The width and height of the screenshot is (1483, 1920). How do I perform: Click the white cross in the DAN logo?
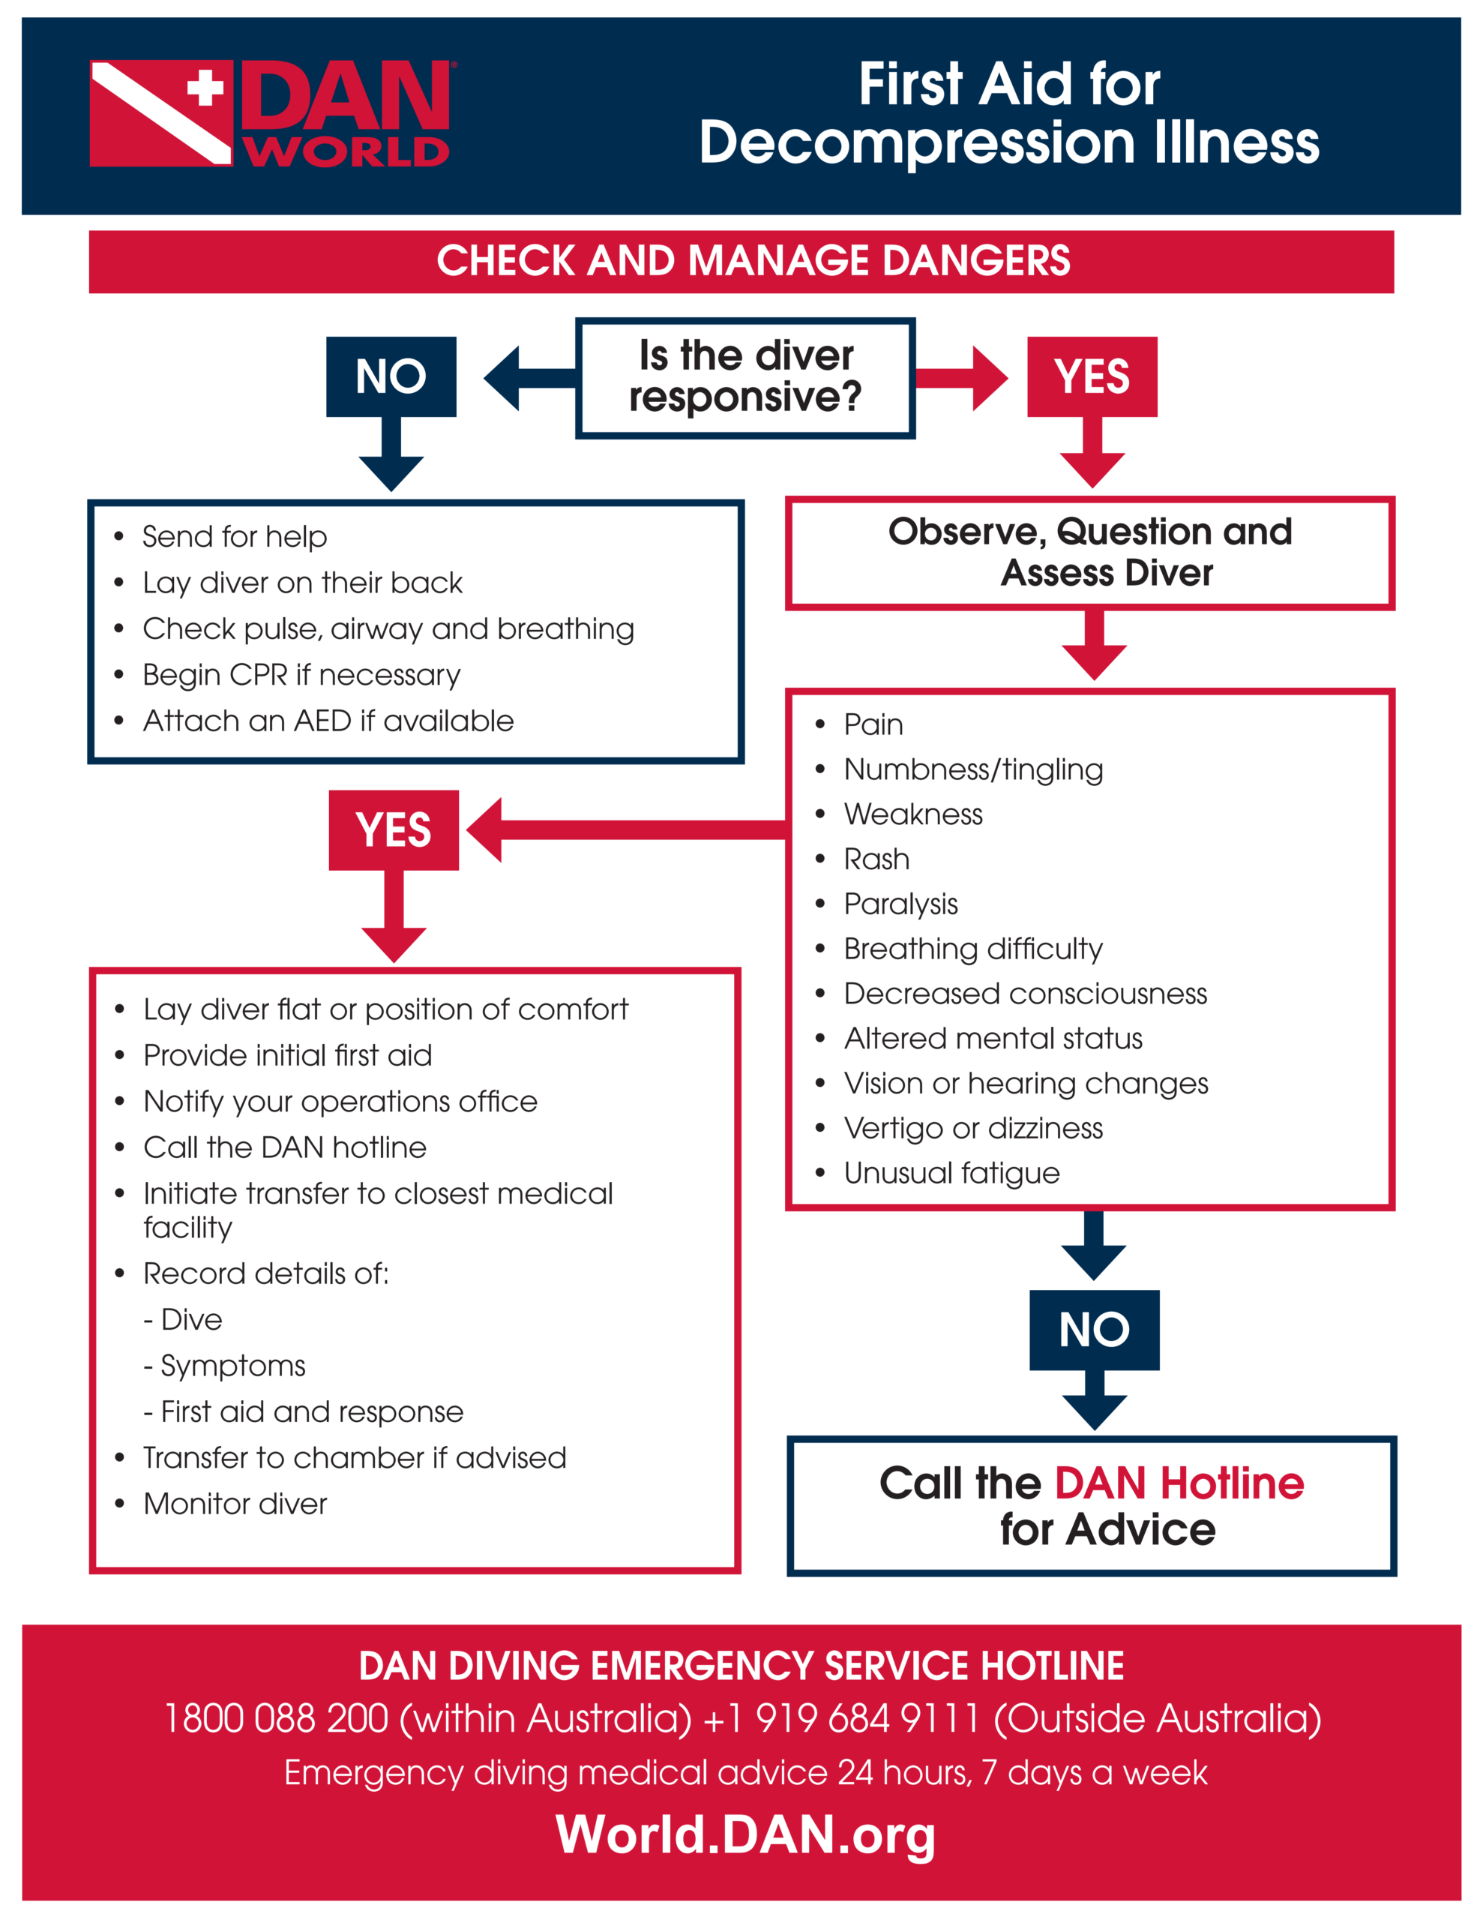[204, 88]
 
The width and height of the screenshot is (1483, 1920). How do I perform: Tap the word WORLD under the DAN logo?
[346, 151]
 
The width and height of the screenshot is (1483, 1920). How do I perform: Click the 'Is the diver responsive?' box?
[744, 377]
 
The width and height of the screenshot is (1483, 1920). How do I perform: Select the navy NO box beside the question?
[391, 376]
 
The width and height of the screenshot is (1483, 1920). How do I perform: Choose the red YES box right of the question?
[1091, 376]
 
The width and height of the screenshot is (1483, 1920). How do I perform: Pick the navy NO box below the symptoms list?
[1094, 1329]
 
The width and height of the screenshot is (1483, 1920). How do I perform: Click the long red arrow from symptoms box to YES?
[633, 829]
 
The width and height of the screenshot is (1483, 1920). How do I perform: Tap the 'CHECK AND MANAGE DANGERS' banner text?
[753, 261]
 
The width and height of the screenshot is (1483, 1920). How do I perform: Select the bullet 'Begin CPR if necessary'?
[301, 674]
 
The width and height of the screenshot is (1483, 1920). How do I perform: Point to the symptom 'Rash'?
[876, 859]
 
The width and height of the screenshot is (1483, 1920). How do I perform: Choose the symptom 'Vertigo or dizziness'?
[972, 1128]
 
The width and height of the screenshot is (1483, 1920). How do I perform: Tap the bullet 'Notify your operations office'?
[340, 1102]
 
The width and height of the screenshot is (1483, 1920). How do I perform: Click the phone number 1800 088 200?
[276, 1719]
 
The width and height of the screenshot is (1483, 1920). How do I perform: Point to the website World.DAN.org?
[744, 1834]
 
